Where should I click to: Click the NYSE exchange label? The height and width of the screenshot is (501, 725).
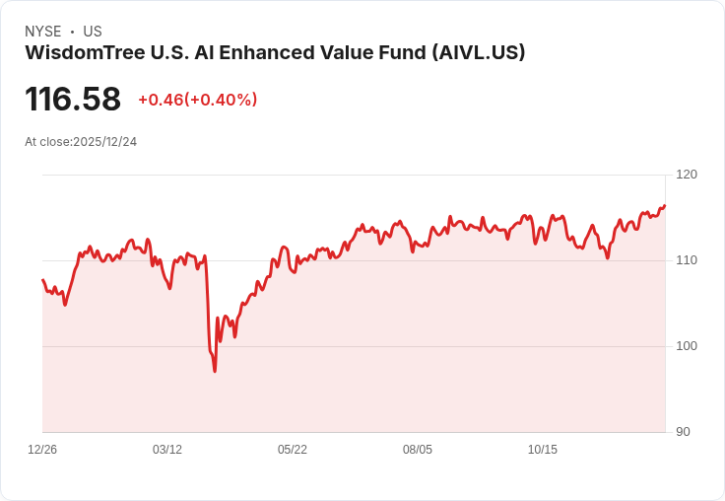click(x=42, y=32)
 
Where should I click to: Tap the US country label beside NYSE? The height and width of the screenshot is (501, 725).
click(x=93, y=32)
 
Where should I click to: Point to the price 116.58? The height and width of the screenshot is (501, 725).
click(x=73, y=100)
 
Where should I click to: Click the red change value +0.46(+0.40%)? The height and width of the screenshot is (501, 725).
click(x=197, y=100)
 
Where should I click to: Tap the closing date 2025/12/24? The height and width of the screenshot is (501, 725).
click(x=104, y=142)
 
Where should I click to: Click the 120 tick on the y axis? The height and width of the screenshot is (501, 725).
click(x=687, y=175)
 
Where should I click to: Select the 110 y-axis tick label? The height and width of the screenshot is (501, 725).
click(x=687, y=260)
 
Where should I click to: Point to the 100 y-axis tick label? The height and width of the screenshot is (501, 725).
click(x=687, y=346)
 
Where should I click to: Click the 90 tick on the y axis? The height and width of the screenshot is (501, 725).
click(x=683, y=432)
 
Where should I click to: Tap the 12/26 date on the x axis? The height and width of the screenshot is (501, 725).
click(x=42, y=450)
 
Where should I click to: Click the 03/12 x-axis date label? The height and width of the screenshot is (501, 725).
click(x=167, y=450)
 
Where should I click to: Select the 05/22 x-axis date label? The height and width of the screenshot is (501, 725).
click(x=293, y=450)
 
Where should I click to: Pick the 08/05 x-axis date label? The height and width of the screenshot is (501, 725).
click(x=418, y=450)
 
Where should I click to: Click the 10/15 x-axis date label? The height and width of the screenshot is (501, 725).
click(x=543, y=450)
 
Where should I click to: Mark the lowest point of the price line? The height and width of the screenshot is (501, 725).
click(x=215, y=371)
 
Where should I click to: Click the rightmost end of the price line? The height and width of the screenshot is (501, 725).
click(x=665, y=206)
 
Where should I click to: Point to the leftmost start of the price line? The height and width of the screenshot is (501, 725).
click(x=42, y=280)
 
